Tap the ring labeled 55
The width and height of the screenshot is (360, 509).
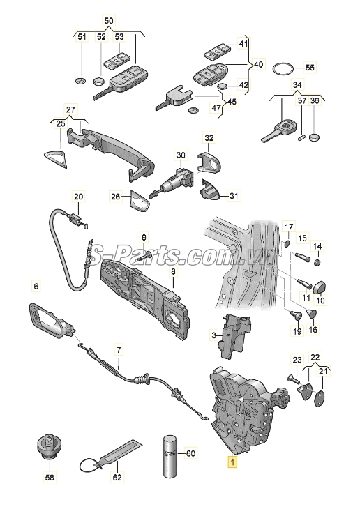[282, 68]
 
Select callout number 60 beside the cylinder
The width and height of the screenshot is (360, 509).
[190, 453]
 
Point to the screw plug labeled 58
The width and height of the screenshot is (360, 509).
[49, 447]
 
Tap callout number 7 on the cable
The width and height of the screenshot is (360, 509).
[118, 349]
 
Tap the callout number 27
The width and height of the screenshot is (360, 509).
[70, 109]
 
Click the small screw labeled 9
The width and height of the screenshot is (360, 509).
[149, 257]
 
